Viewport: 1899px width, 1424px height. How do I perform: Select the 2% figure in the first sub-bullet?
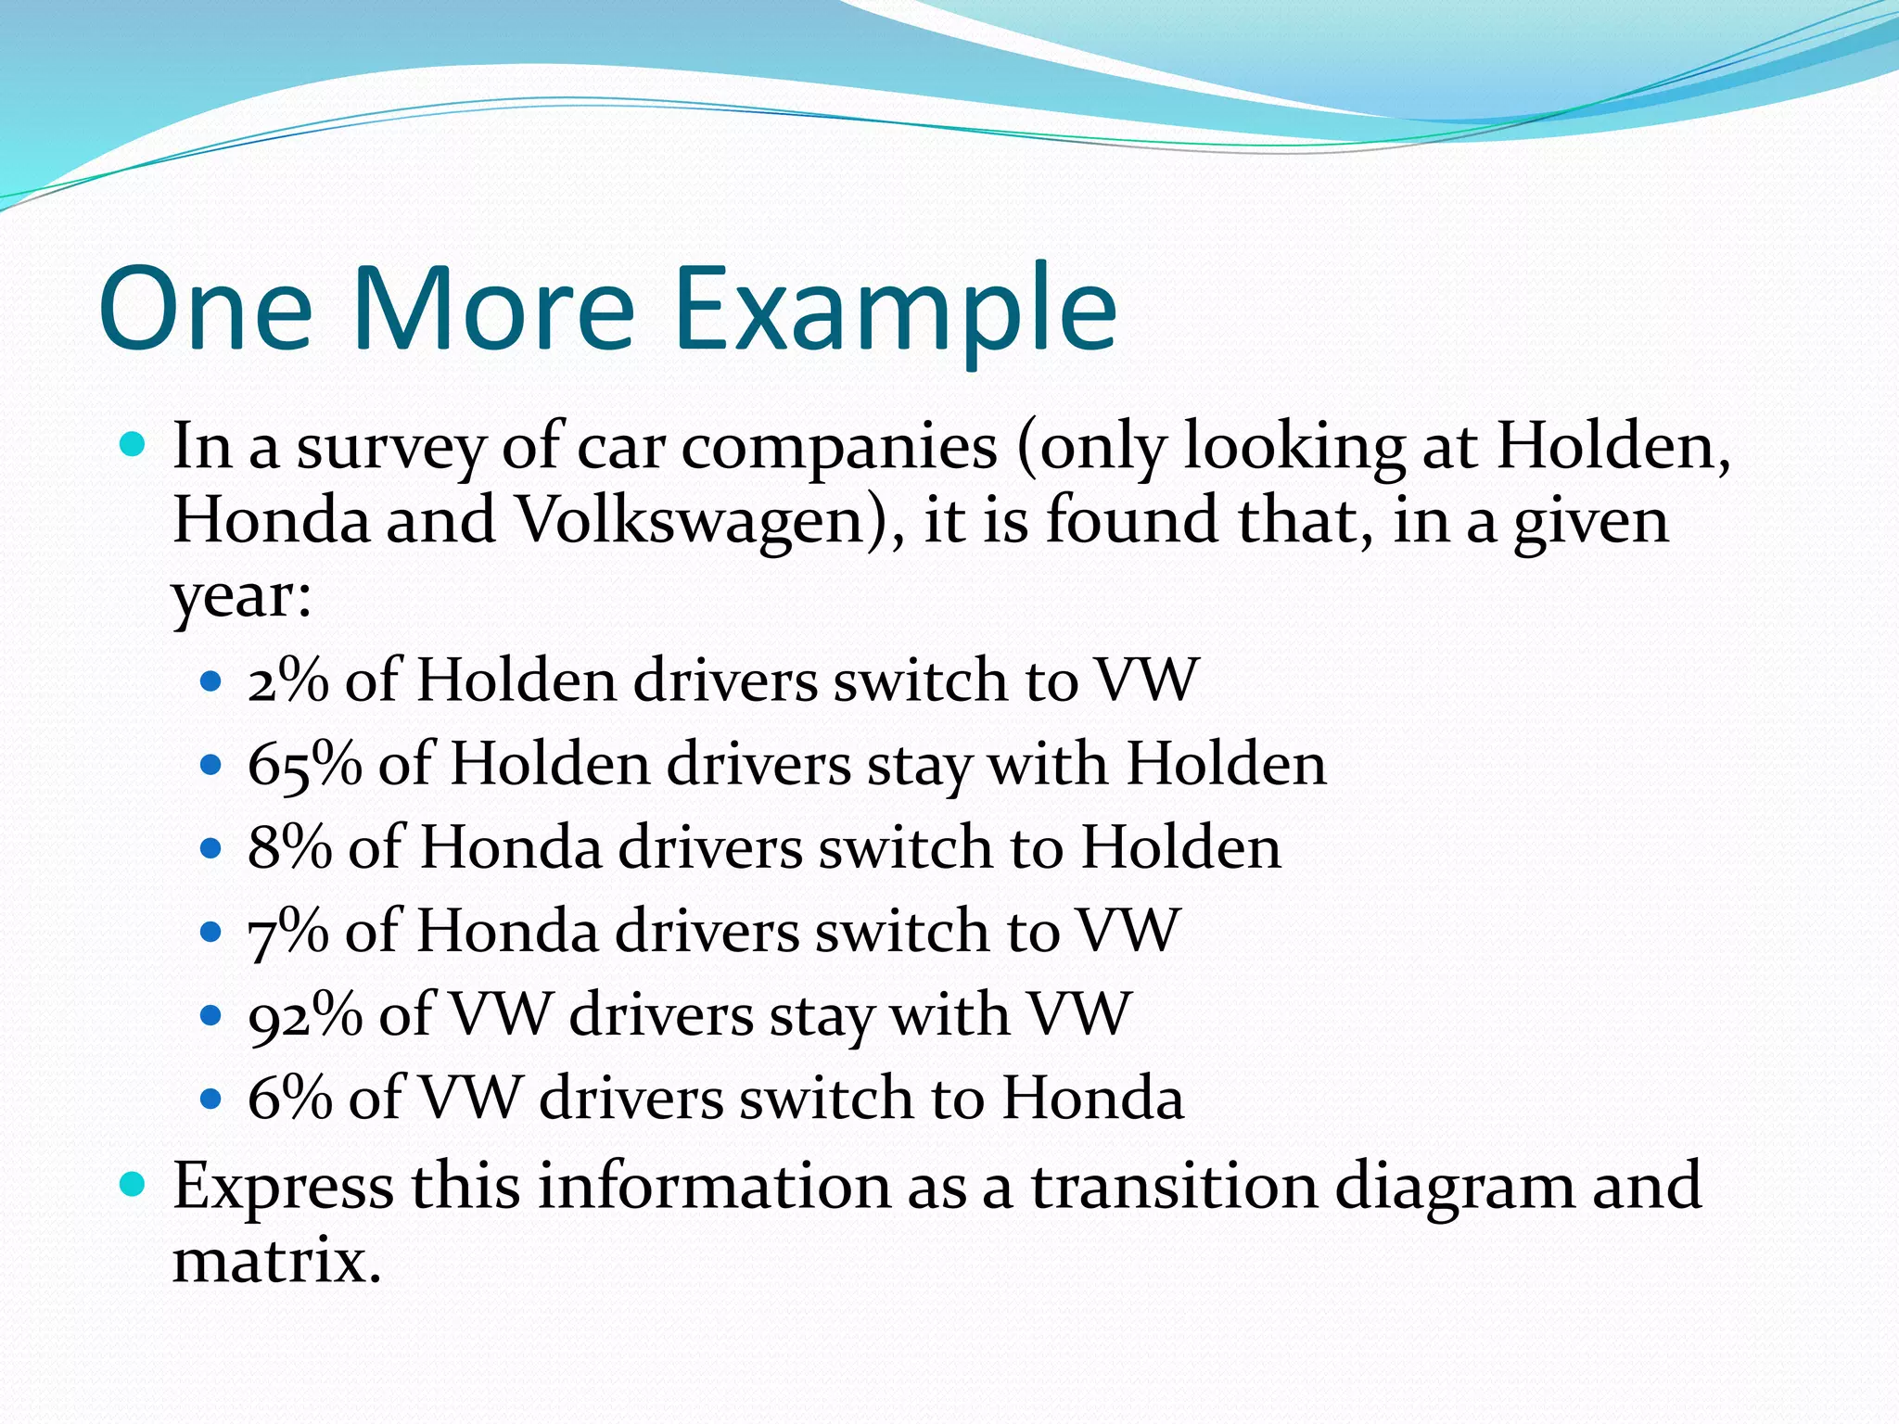tap(287, 680)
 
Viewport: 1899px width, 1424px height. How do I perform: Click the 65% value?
tap(304, 765)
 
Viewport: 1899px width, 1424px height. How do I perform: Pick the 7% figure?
tap(287, 931)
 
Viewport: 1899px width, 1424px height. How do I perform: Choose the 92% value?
tap(305, 1014)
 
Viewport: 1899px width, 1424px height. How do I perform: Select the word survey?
tap(390, 448)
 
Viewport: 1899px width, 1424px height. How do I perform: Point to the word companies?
tap(839, 448)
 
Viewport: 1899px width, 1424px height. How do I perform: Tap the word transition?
tap(1174, 1186)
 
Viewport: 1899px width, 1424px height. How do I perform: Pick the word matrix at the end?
tap(276, 1261)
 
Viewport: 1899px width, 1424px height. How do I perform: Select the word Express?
tap(283, 1186)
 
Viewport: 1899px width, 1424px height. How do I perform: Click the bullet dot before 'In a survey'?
tap(134, 446)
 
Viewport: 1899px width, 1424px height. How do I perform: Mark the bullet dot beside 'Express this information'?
tap(134, 1184)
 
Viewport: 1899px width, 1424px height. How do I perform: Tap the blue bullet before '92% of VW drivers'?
tap(211, 1015)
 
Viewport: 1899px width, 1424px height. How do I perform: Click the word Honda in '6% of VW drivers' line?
tap(1092, 1098)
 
